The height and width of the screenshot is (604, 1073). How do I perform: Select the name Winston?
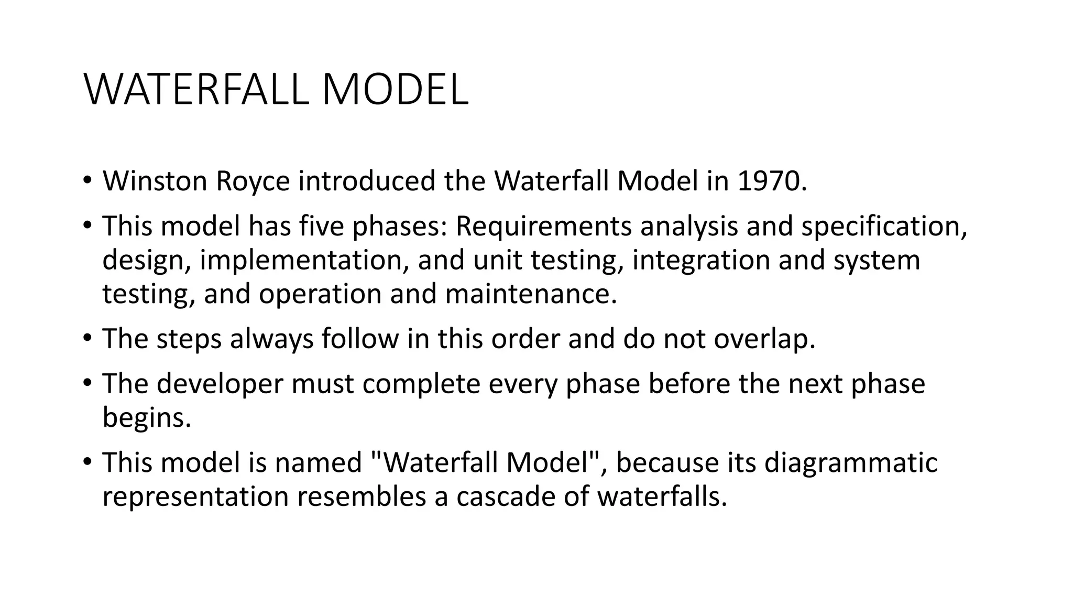click(155, 181)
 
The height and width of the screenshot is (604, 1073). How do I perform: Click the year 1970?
click(771, 181)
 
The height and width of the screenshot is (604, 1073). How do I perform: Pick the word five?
click(322, 226)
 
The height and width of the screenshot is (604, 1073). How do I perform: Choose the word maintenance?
click(531, 294)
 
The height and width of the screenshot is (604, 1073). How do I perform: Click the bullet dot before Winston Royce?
click(87, 181)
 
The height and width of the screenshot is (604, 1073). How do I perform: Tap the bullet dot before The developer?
click(87, 384)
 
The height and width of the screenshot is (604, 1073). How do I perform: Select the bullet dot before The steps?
click(87, 339)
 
